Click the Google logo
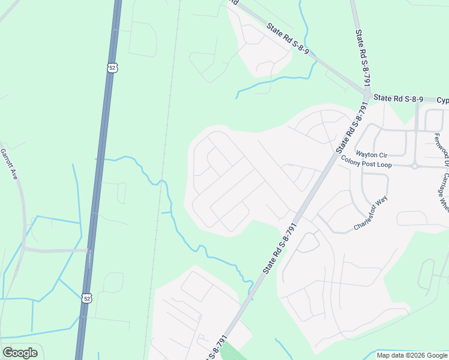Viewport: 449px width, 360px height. tap(20, 353)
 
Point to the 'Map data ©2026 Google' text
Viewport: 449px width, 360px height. tap(411, 355)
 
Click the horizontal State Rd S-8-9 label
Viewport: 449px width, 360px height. tap(398, 98)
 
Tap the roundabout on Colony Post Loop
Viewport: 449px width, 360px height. tap(414, 166)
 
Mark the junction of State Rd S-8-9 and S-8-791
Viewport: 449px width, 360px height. tap(366, 94)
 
